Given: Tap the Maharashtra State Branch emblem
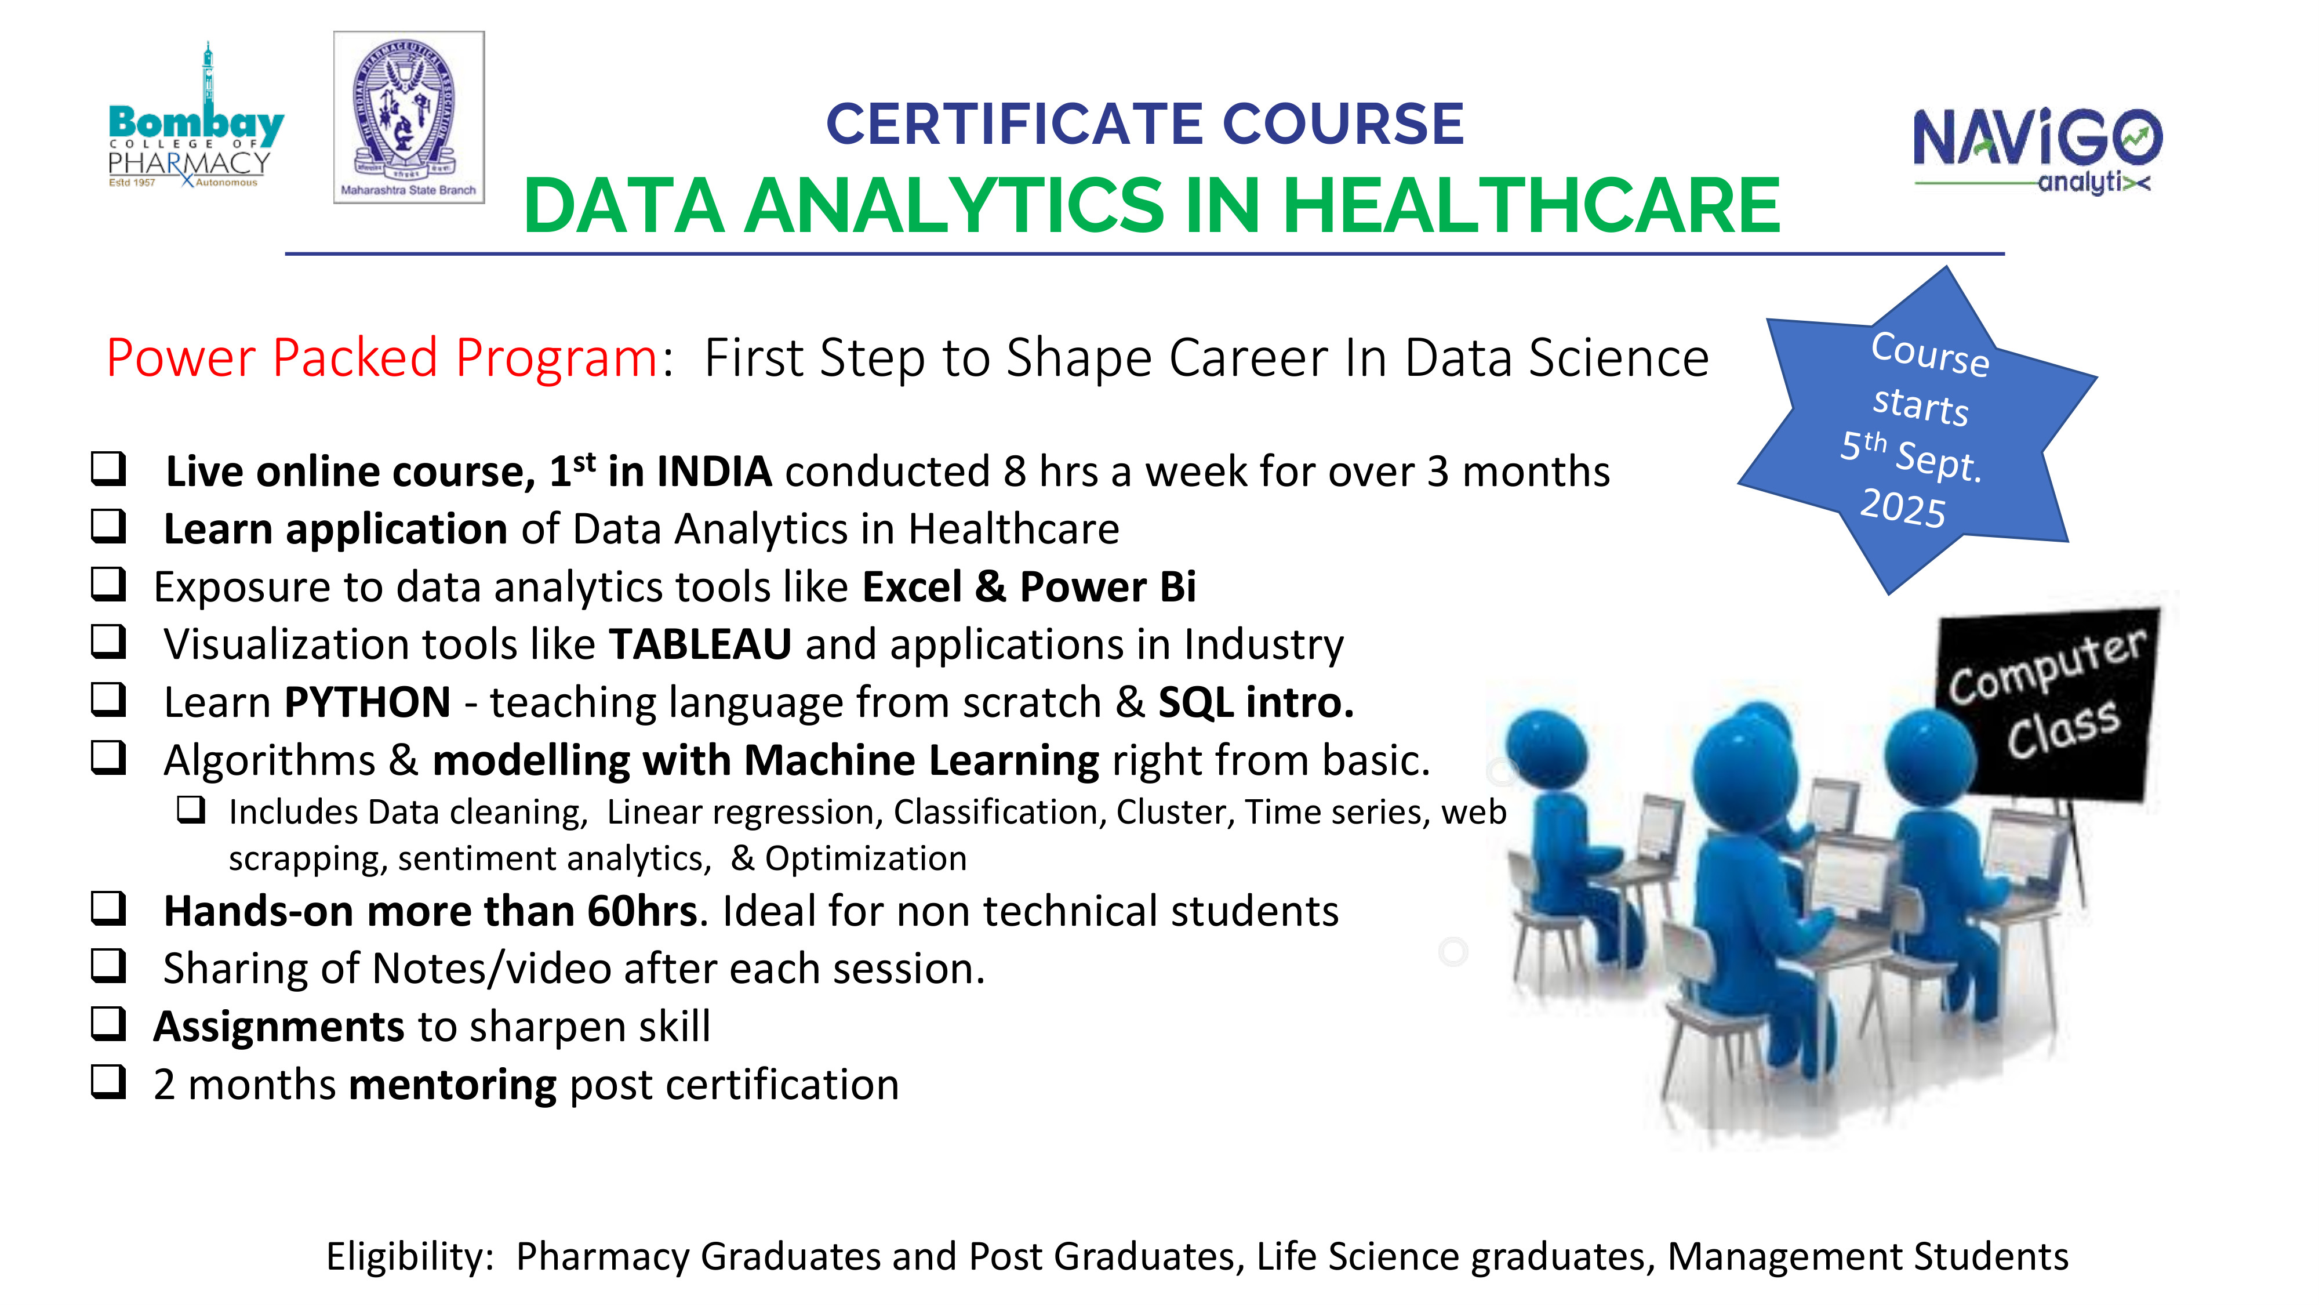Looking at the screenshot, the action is pyautogui.click(x=409, y=117).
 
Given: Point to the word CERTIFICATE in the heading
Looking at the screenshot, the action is pyautogui.click(x=1016, y=124).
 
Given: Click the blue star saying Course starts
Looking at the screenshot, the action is pyautogui.click(x=1917, y=430).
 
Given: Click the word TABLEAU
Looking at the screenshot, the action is pyautogui.click(x=700, y=644).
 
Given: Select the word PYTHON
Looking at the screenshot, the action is pyautogui.click(x=368, y=702).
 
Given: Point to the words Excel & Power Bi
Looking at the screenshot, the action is pyautogui.click(x=1029, y=586).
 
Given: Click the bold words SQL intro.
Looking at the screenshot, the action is pyautogui.click(x=1256, y=702).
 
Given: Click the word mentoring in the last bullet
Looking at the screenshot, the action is pyautogui.click(x=453, y=1085).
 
